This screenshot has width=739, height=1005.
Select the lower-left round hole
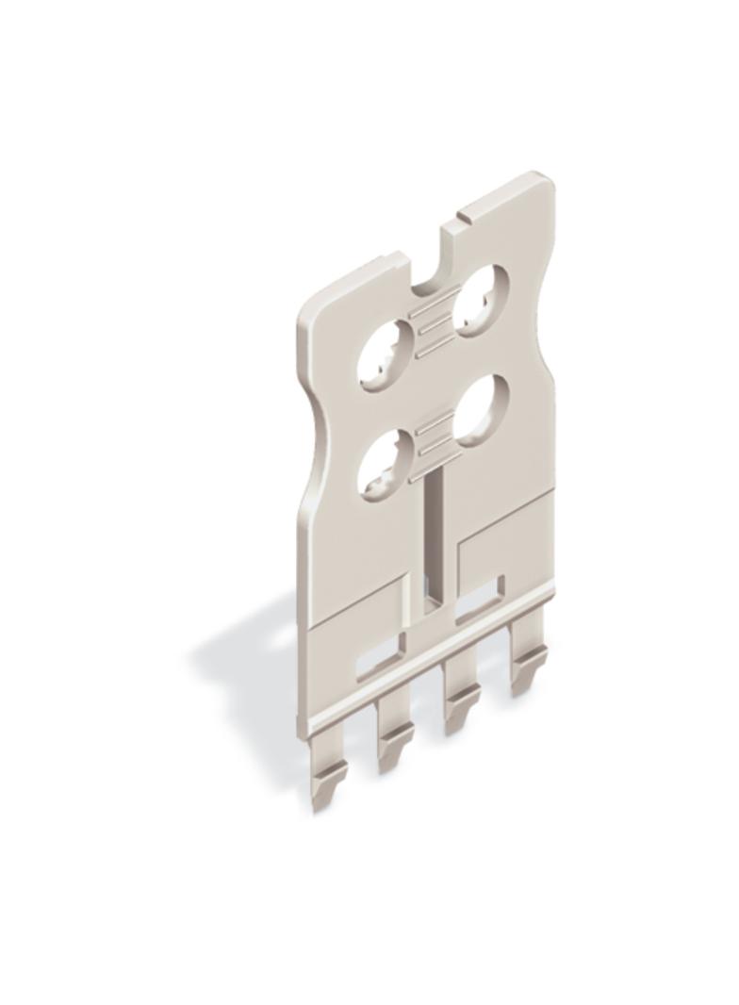tap(386, 463)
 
